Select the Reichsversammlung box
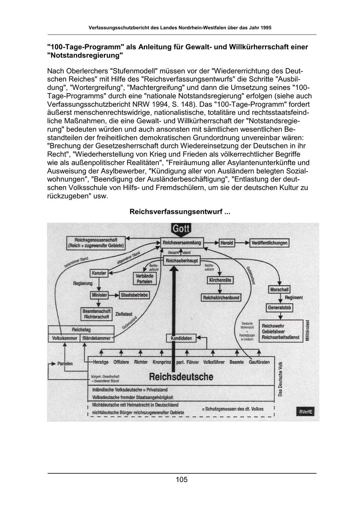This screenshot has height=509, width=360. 182,243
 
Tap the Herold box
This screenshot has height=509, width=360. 227,243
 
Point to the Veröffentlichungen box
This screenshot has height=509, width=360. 270,243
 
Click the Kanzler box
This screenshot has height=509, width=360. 99,273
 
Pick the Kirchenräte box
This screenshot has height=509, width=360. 220,280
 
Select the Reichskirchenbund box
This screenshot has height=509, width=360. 221,297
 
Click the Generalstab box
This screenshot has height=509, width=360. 280,308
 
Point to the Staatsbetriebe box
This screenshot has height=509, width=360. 134,295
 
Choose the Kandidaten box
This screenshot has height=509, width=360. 181,338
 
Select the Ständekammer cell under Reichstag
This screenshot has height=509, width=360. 96,338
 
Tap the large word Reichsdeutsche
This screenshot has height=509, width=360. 181,377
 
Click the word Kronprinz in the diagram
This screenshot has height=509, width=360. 162,362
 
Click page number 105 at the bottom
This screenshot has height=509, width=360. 182,480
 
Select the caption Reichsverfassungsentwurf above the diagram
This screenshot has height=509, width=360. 180,212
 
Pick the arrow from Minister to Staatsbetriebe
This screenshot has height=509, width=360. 114,295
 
